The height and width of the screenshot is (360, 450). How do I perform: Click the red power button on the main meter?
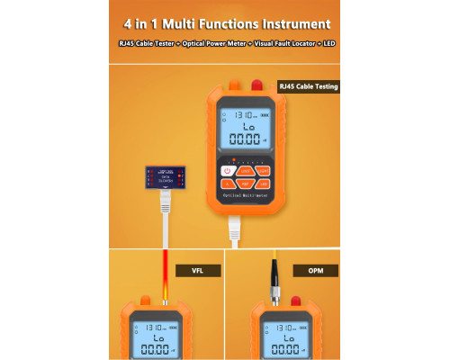coord(227,170)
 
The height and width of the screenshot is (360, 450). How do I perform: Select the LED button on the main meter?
coord(263,184)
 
